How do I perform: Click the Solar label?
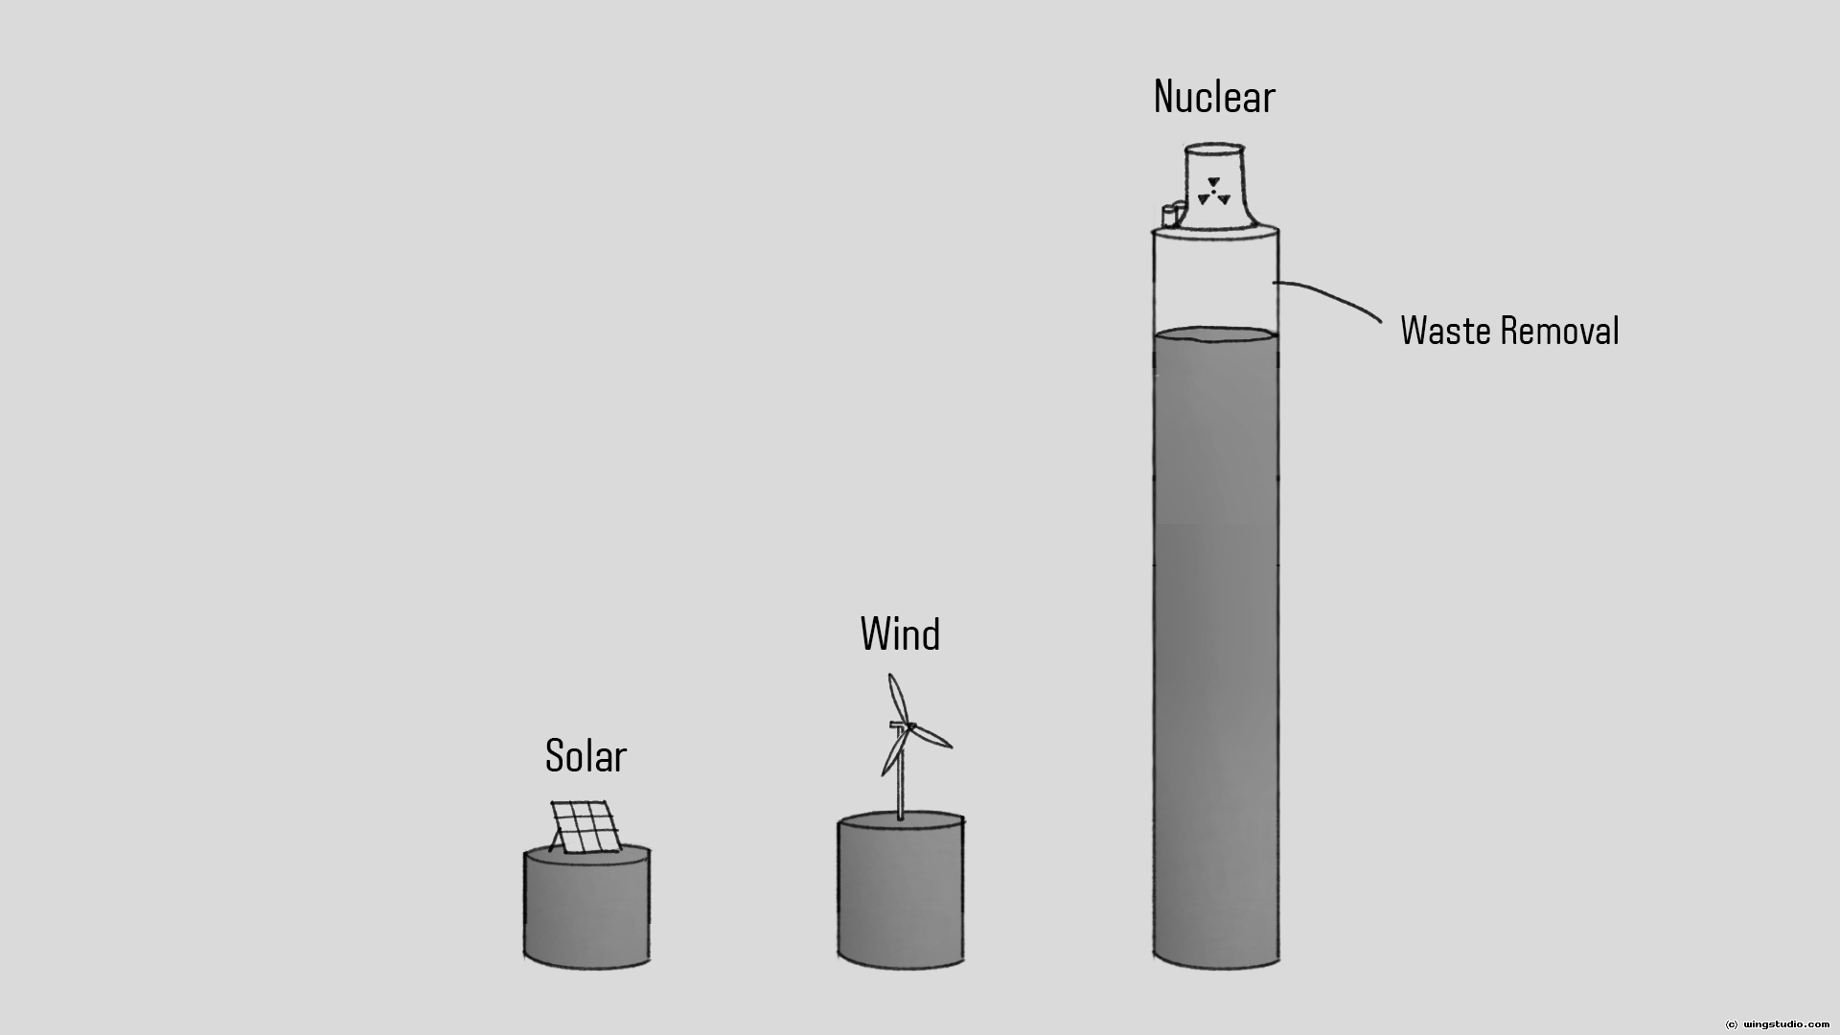pyautogui.click(x=586, y=756)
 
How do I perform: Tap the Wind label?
pyautogui.click(x=900, y=634)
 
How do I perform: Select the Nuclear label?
pyautogui.click(x=1214, y=97)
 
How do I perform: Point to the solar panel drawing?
pyautogui.click(x=585, y=827)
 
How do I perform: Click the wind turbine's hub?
pyautogui.click(x=909, y=725)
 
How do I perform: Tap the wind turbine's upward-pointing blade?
pyautogui.click(x=896, y=697)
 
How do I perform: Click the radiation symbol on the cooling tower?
pyautogui.click(x=1214, y=192)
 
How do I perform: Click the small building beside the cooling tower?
pyautogui.click(x=1168, y=216)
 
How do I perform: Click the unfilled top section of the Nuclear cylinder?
pyautogui.click(x=1215, y=283)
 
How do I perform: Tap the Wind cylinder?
pyautogui.click(x=901, y=891)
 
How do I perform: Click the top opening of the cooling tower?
pyautogui.click(x=1215, y=149)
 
